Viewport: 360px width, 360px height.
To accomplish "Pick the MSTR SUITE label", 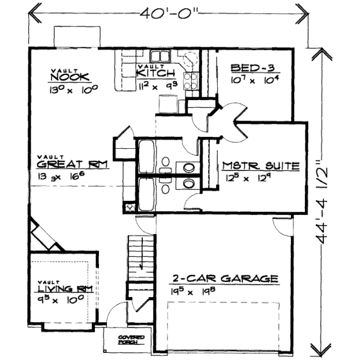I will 260,166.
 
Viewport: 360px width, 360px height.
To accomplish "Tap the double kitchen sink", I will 160,58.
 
